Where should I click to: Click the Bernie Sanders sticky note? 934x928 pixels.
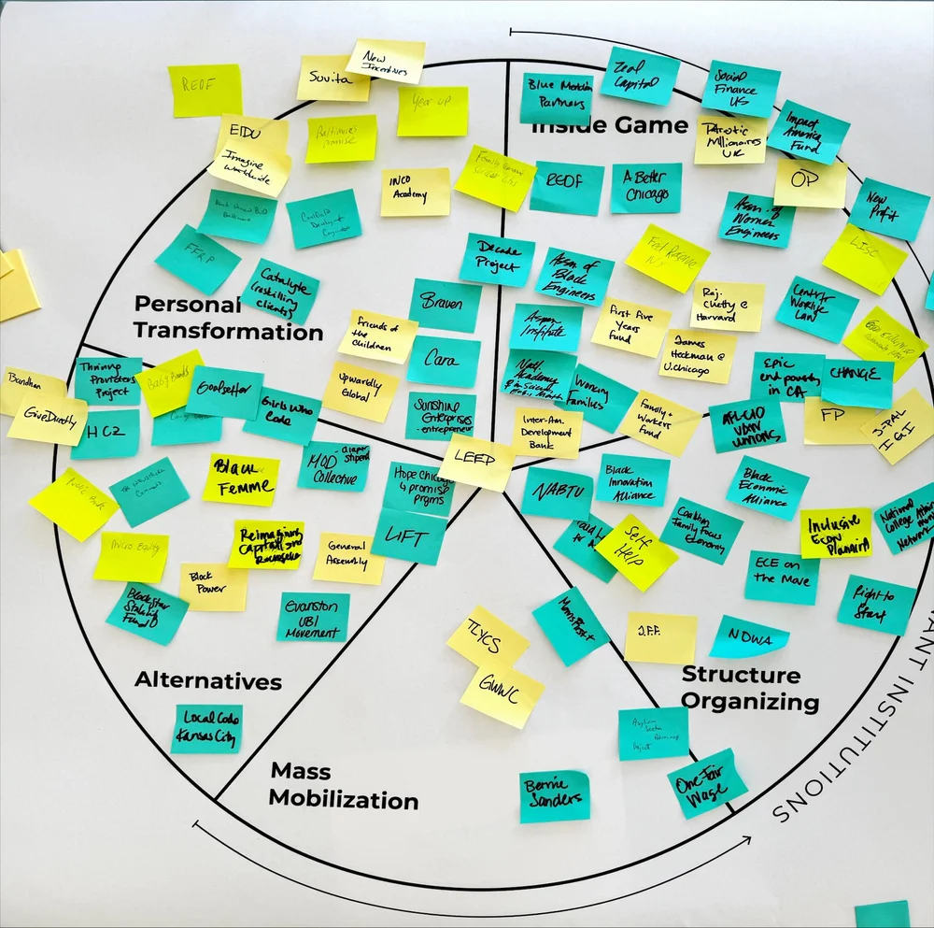tap(555, 795)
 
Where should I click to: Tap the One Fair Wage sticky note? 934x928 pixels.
tap(707, 783)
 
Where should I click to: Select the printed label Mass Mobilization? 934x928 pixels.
tap(344, 785)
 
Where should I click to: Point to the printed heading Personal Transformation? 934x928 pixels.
tap(228, 318)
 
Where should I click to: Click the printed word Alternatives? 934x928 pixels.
tap(207, 680)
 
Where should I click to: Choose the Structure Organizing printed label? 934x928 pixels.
tap(749, 688)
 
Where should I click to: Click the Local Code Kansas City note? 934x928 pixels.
tap(206, 729)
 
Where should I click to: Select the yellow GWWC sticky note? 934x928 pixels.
tap(502, 695)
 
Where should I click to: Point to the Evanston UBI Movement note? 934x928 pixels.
tap(313, 617)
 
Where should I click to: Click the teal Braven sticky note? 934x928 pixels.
tap(445, 305)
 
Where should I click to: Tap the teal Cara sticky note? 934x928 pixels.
tap(443, 362)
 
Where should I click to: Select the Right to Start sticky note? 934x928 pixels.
tap(875, 605)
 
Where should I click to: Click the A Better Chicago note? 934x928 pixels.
tap(645, 188)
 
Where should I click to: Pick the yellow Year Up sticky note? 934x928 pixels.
tap(432, 111)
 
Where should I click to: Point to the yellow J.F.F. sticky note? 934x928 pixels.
tap(660, 637)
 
